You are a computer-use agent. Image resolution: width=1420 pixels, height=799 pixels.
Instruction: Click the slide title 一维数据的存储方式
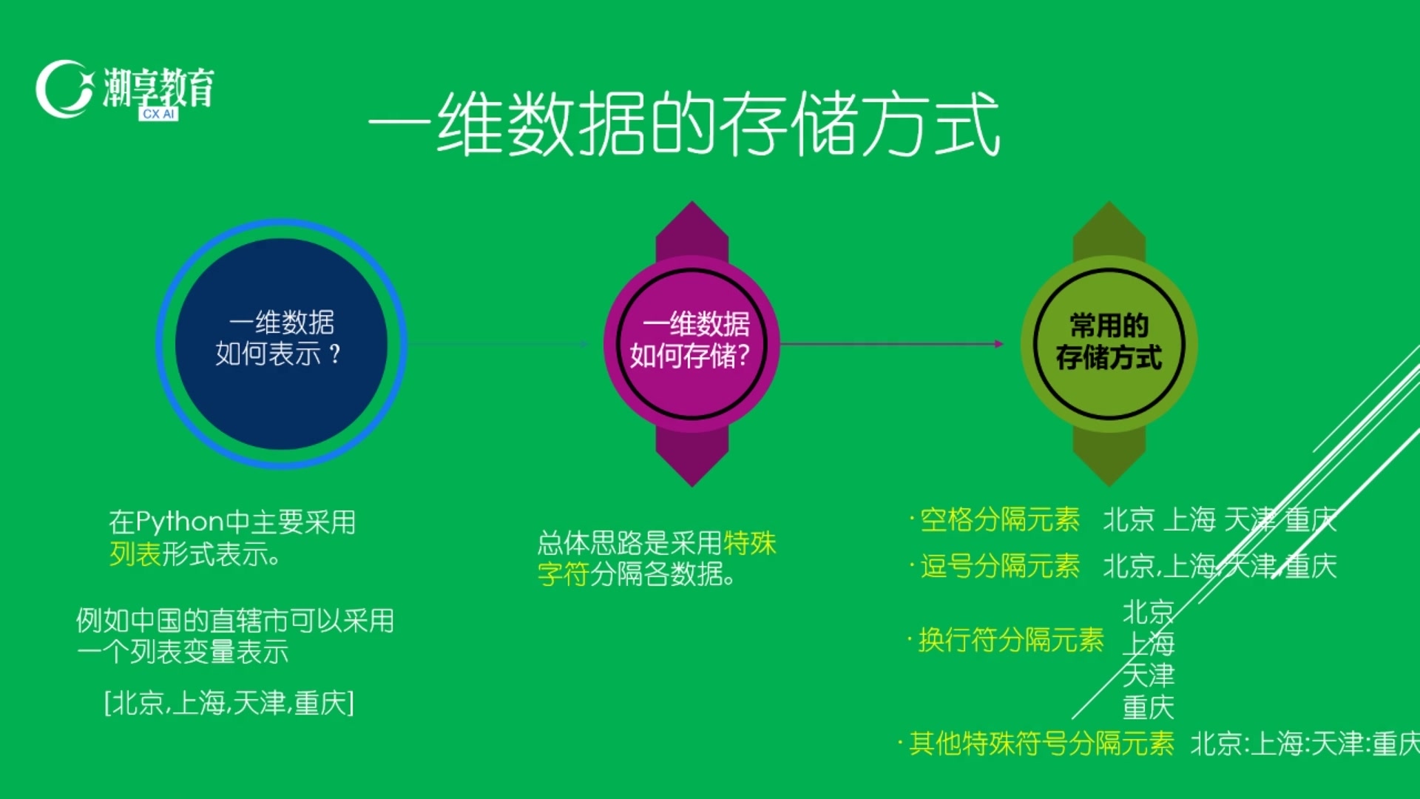pos(684,124)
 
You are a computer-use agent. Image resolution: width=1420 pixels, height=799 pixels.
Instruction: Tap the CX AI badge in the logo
pos(158,114)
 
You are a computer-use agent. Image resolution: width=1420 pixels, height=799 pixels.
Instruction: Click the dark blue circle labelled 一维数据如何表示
pos(281,344)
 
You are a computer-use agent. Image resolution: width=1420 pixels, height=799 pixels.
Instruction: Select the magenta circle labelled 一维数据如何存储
pos(691,344)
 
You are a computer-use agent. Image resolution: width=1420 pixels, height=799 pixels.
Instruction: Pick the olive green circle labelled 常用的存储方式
pos(1109,344)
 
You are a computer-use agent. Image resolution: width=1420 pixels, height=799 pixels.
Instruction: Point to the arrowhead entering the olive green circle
pos(998,344)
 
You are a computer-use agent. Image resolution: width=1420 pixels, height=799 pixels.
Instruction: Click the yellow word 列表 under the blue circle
pos(135,554)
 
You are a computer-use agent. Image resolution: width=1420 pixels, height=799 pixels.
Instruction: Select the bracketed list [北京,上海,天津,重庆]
pos(229,703)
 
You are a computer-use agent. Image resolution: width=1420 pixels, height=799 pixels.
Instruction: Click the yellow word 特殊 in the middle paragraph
pos(749,543)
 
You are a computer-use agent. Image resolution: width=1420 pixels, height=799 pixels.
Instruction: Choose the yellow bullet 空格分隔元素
pos(999,519)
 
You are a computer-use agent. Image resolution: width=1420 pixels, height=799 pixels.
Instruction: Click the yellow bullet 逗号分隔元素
pos(999,566)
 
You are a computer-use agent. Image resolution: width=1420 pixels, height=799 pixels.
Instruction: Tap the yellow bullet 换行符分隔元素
pos(1010,640)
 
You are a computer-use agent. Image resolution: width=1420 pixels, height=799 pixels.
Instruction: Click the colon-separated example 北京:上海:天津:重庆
pos(1303,744)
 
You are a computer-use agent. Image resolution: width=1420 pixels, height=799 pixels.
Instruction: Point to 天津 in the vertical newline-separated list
pos(1148,675)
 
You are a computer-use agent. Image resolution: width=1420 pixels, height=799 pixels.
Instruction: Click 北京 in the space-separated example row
pos(1129,519)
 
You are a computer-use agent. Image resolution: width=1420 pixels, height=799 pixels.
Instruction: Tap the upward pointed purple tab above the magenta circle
pos(692,229)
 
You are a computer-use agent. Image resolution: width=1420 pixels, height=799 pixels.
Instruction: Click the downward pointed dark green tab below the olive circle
pos(1109,457)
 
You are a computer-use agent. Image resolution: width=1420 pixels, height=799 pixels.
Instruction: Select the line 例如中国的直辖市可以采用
pos(235,620)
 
